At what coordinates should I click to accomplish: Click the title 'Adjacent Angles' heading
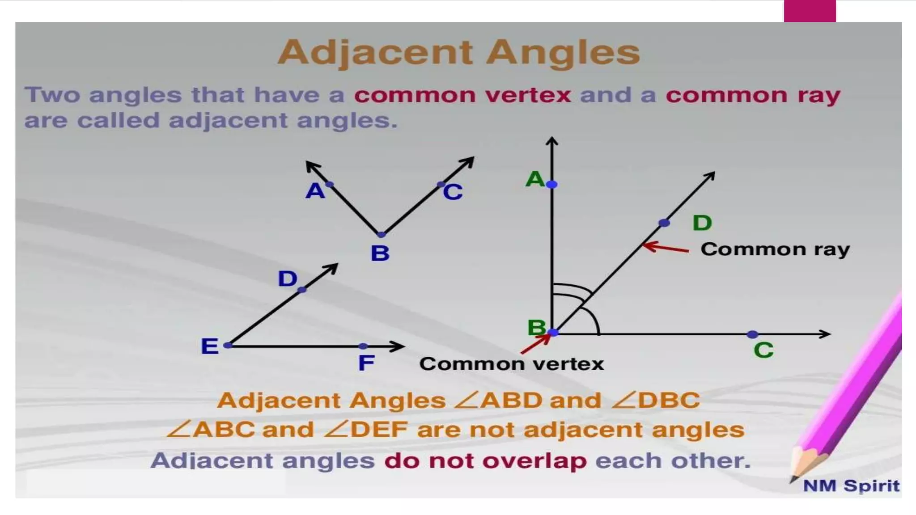[458, 53]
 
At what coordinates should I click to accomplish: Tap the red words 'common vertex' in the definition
[462, 95]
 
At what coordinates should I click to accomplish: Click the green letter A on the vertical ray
[534, 180]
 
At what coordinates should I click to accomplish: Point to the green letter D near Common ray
[702, 223]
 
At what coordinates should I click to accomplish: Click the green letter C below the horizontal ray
[763, 350]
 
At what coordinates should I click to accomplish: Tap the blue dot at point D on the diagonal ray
[664, 223]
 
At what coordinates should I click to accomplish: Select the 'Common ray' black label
[775, 249]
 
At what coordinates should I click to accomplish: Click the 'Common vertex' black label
[511, 364]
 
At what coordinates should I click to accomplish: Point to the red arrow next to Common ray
[665, 247]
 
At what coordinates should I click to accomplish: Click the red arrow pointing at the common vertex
[535, 344]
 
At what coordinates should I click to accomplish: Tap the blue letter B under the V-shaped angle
[380, 253]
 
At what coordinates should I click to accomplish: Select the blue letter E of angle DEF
[210, 346]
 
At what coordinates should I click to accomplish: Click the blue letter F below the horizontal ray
[366, 363]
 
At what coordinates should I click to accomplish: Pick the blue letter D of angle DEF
[287, 279]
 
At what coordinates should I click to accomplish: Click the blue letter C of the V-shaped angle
[453, 193]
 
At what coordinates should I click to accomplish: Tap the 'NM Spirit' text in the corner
[851, 485]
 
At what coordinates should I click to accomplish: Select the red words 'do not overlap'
[485, 461]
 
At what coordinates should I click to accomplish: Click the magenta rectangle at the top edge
[810, 11]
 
